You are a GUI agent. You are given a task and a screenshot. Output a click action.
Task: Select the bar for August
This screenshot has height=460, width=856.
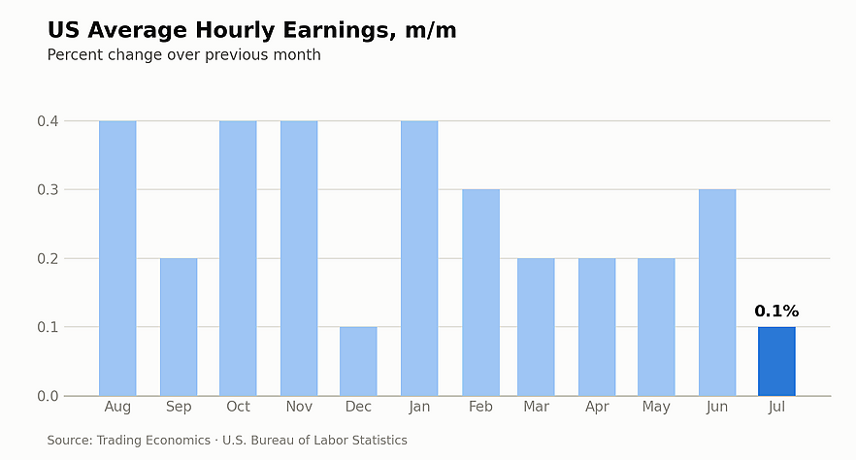[117, 258]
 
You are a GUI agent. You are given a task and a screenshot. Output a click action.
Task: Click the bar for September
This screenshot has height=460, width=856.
[179, 327]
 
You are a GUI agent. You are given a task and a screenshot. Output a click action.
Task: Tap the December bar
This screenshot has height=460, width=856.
[358, 361]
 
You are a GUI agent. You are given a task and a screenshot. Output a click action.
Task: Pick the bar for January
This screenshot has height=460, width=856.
[419, 258]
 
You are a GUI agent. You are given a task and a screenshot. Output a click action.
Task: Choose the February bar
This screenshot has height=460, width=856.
[481, 292]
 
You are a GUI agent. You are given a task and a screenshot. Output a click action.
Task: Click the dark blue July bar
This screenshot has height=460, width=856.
[776, 361]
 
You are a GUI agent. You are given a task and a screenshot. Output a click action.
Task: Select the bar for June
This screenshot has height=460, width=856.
[717, 292]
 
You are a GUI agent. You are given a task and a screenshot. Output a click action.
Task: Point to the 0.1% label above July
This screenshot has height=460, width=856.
[776, 311]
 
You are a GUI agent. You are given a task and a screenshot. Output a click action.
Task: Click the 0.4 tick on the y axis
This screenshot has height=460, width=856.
[49, 121]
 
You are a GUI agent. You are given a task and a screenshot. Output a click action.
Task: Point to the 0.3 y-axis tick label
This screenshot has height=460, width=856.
[49, 190]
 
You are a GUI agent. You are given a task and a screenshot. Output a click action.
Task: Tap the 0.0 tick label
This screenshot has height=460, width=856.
[49, 396]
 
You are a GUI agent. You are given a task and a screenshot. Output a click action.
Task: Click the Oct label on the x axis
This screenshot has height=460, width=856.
[238, 407]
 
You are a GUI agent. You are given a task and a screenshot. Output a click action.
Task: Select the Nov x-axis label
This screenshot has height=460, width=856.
[299, 407]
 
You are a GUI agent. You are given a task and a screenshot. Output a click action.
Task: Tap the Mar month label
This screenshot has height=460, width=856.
[536, 407]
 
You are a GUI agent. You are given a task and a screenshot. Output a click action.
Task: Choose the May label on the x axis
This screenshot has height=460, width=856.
[656, 407]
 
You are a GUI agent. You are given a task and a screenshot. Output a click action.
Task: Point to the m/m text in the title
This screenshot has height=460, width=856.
[431, 30]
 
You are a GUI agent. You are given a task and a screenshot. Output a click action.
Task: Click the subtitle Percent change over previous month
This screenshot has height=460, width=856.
[184, 55]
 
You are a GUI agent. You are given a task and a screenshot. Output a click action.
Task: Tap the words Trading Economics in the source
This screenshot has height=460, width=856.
[153, 441]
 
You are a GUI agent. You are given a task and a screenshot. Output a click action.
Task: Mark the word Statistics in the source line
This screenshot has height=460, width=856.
[381, 441]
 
